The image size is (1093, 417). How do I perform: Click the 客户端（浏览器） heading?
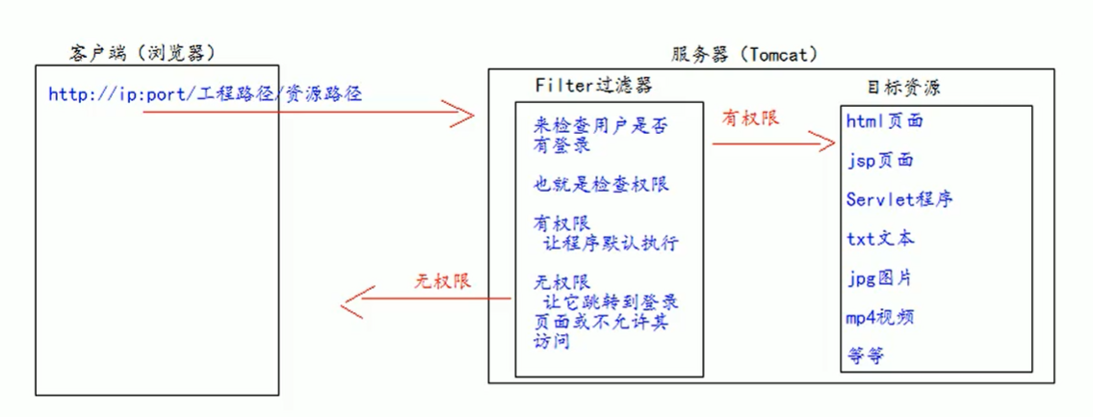tap(143, 51)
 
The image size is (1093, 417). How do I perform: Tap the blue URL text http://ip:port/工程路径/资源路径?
tap(206, 94)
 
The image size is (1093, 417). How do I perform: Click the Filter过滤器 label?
tap(593, 85)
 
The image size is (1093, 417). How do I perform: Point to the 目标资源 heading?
tap(904, 88)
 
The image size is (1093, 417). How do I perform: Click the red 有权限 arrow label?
tap(750, 117)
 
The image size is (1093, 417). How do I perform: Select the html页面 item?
tap(885, 121)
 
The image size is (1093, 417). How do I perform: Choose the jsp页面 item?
tap(879, 161)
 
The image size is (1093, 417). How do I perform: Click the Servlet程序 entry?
tap(899, 199)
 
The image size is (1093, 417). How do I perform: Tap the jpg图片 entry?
tap(879, 277)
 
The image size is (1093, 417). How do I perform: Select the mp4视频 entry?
tap(880, 317)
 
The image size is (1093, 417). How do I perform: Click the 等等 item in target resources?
tap(866, 355)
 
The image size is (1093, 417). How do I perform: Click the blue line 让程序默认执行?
tap(611, 243)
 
